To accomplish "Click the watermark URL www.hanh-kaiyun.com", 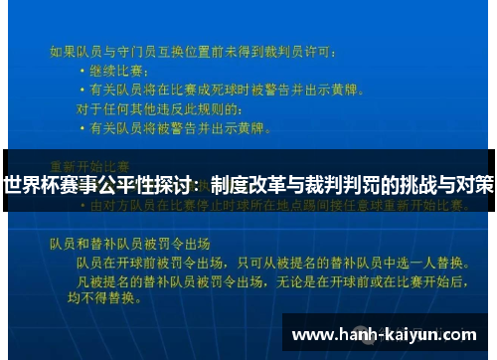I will click(x=383, y=334).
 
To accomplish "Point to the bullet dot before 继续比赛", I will click(x=83, y=72).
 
